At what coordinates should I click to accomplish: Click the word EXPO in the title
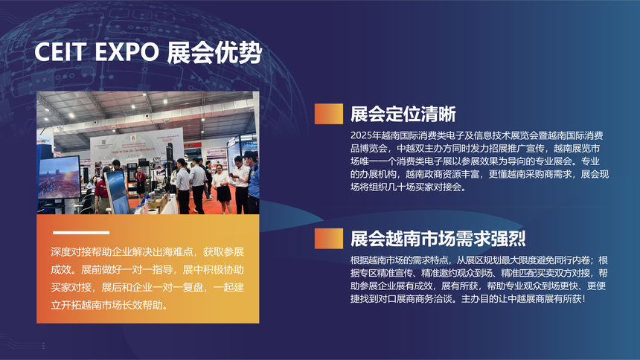pos(127,52)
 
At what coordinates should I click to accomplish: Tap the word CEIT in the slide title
pos(60,52)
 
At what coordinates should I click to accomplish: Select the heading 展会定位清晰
pos(403,115)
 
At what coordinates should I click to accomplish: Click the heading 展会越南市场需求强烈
pos(438,239)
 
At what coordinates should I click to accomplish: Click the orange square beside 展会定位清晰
pos(329,114)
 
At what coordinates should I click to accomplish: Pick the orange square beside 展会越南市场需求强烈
pos(329,238)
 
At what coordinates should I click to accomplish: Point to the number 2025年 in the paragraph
pos(365,135)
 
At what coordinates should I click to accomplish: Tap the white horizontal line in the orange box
pos(81,233)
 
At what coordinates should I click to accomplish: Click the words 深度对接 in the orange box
pos(71,252)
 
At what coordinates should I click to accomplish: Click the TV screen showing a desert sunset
pos(60,178)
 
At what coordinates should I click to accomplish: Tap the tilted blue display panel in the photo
pos(117,192)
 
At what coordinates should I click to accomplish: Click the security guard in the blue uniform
pos(252,183)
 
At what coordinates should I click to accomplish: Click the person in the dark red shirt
pos(102,191)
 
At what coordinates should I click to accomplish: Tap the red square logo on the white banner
pos(133,138)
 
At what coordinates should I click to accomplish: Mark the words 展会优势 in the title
pos(214,52)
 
